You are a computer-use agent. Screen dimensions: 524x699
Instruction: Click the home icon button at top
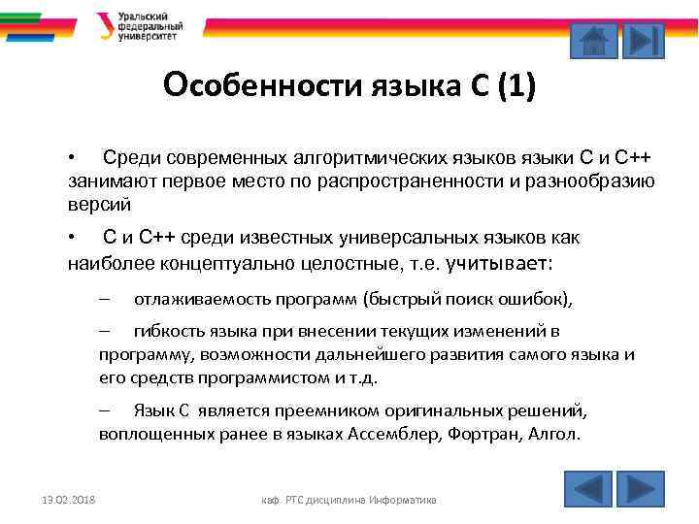[593, 40]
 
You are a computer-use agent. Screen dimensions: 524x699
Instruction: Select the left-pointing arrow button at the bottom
[587, 488]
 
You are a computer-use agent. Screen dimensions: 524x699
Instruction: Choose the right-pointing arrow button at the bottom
[640, 488]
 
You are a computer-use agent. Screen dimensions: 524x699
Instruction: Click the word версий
[99, 204]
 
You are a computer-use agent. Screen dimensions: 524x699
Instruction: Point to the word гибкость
[169, 332]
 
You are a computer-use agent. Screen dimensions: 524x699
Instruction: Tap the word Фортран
[482, 434]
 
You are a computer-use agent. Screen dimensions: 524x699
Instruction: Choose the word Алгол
[552, 434]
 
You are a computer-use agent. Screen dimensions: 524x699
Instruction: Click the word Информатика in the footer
[403, 500]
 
